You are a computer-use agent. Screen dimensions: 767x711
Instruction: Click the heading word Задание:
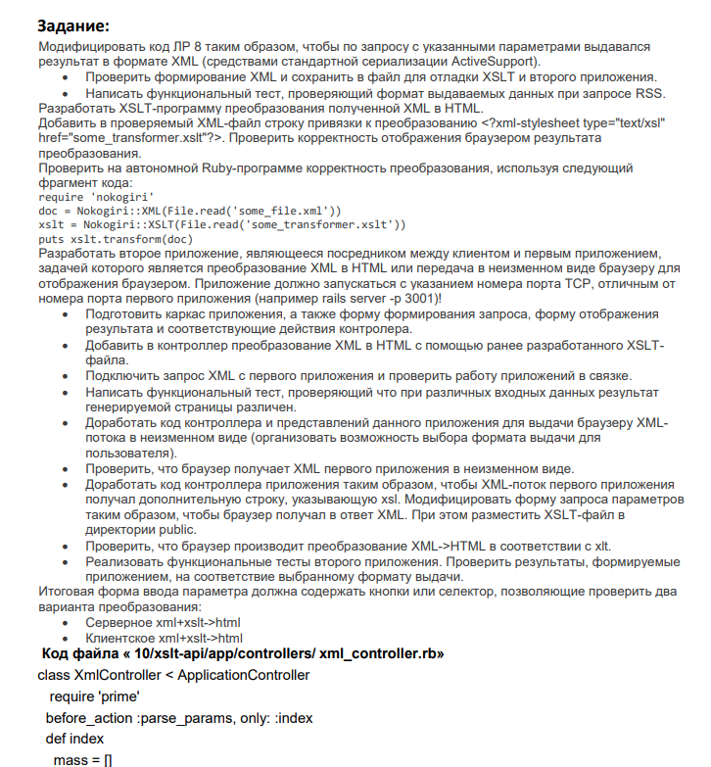tap(74, 24)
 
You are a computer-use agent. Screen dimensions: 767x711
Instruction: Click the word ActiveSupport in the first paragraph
tap(494, 61)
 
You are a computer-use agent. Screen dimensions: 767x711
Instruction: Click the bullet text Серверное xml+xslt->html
tap(163, 622)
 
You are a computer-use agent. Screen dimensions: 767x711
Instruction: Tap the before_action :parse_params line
tap(179, 718)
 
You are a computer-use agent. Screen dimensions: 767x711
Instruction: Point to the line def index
tap(74, 739)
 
